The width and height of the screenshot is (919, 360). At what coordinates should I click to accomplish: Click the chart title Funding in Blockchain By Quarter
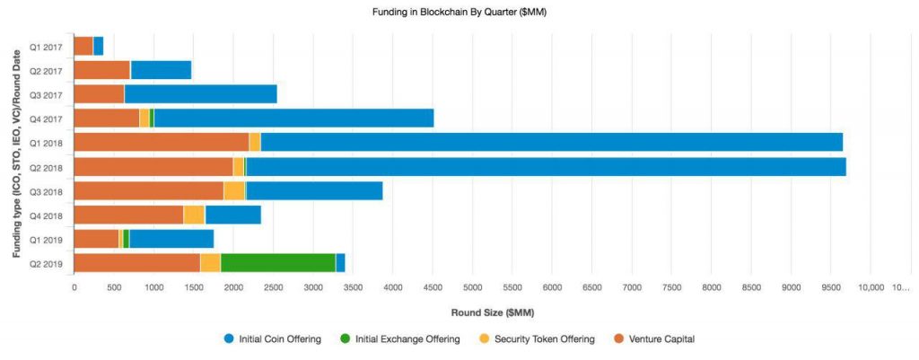[x=459, y=13]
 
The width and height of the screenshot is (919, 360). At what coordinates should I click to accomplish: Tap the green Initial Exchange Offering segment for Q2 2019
[x=277, y=262]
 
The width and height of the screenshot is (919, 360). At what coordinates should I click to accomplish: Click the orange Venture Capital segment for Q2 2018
[x=153, y=166]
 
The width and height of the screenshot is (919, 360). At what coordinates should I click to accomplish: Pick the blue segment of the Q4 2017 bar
[x=293, y=118]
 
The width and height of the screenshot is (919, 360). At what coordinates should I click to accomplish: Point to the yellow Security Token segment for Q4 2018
[x=194, y=215]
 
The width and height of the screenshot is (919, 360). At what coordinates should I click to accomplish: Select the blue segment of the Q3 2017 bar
[x=200, y=93]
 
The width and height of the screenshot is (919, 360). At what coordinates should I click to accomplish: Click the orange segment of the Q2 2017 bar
[x=101, y=70]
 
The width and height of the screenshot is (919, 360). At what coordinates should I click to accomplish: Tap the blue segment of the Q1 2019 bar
[x=171, y=238]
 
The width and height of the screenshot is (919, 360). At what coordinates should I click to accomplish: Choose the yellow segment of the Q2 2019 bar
[x=210, y=262]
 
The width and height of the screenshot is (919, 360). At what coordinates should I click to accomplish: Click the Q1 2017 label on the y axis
[x=46, y=46]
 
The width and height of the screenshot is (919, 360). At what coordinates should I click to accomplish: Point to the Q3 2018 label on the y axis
[x=46, y=190]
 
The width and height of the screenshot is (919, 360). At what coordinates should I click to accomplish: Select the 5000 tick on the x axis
[x=472, y=287]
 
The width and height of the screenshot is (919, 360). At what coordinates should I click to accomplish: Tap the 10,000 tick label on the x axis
[x=871, y=287]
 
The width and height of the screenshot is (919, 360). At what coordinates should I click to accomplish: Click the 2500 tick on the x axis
[x=273, y=287]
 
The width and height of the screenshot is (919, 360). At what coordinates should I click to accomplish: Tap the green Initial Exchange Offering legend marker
[x=345, y=338]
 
